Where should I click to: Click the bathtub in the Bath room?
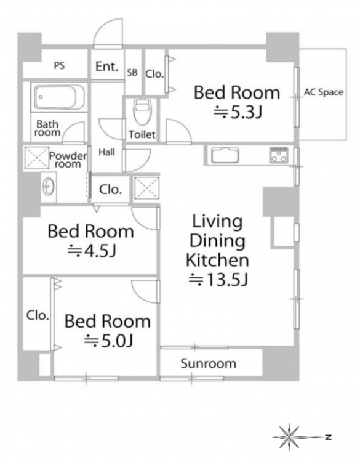click(x=60, y=97)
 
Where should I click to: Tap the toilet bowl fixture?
click(x=143, y=111)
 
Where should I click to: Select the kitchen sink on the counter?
click(x=225, y=155)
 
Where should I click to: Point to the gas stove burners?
click(x=279, y=155)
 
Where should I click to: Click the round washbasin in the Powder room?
click(x=49, y=187)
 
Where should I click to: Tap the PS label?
click(x=59, y=65)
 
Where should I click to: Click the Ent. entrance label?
click(x=106, y=67)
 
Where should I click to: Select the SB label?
click(x=132, y=73)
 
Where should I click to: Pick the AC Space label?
click(x=324, y=92)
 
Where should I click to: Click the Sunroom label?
click(x=209, y=363)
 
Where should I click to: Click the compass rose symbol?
click(x=290, y=437)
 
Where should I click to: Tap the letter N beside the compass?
click(x=328, y=437)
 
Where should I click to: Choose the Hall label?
click(x=106, y=152)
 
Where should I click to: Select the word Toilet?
click(x=142, y=135)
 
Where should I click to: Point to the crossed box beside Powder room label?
click(x=36, y=158)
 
